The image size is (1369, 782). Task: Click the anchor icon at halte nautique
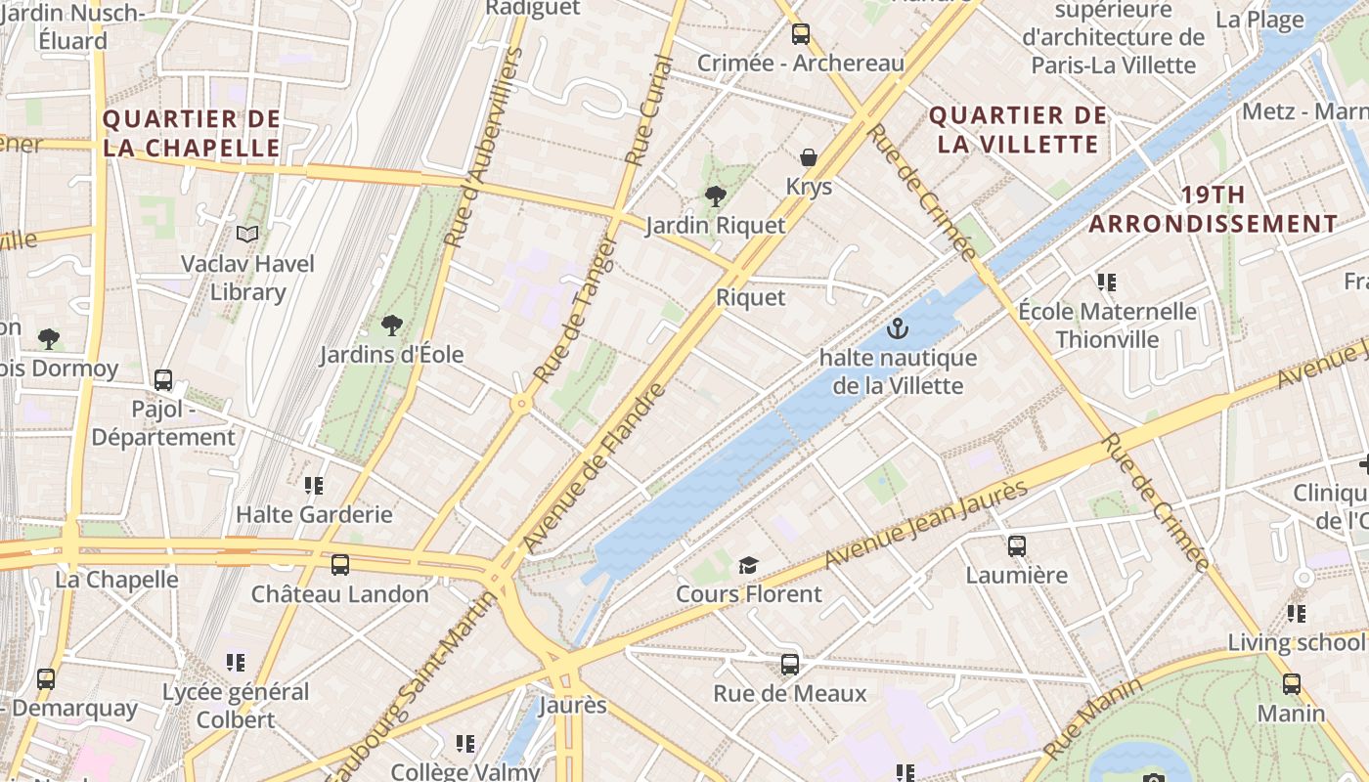pyautogui.click(x=897, y=328)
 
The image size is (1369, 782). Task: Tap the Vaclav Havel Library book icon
pyautogui.click(x=248, y=235)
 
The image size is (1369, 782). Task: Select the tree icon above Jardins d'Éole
pyautogui.click(x=392, y=325)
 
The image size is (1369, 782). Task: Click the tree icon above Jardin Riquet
pyautogui.click(x=716, y=195)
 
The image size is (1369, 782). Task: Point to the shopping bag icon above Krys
pyautogui.click(x=809, y=157)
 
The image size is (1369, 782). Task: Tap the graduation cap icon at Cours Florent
pyautogui.click(x=748, y=564)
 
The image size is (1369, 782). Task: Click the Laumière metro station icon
pyautogui.click(x=1017, y=545)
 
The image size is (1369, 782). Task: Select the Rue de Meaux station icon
pyautogui.click(x=790, y=665)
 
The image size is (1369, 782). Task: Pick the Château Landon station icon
pyautogui.click(x=339, y=564)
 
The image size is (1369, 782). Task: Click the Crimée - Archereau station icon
pyautogui.click(x=801, y=34)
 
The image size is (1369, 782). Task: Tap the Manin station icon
pyautogui.click(x=1292, y=684)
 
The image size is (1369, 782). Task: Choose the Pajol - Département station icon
pyautogui.click(x=163, y=379)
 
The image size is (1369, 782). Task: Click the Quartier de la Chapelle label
pyautogui.click(x=192, y=134)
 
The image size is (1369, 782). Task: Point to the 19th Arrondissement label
pyautogui.click(x=1213, y=209)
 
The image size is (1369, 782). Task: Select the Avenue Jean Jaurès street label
pyautogui.click(x=926, y=524)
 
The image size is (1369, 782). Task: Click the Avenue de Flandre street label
pyautogui.click(x=594, y=466)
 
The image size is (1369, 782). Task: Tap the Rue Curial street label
pyautogui.click(x=650, y=109)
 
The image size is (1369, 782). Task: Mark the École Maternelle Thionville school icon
pyautogui.click(x=1107, y=282)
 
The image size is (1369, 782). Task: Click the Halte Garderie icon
pyautogui.click(x=314, y=485)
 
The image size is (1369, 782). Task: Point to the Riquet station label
pyautogui.click(x=751, y=297)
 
